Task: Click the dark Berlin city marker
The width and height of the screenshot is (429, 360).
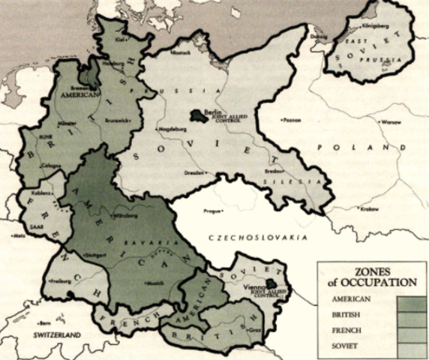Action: click(x=198, y=115)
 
